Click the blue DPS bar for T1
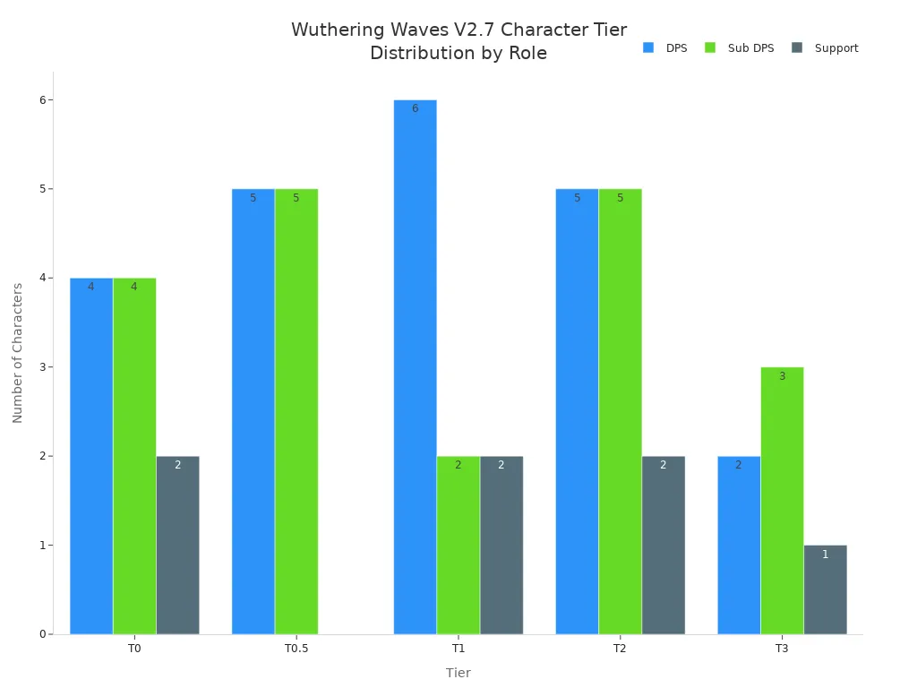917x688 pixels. point(415,366)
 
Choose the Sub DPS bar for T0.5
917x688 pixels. point(296,411)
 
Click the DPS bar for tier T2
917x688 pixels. point(577,411)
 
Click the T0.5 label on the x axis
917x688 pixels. point(296,649)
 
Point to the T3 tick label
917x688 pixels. point(782,649)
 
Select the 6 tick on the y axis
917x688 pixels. point(41,99)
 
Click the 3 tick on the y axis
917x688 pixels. point(41,367)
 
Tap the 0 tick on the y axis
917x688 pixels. point(41,634)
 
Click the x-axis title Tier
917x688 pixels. point(458,673)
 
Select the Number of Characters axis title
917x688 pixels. point(18,352)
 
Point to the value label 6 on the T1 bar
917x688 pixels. point(415,108)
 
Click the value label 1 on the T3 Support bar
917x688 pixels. point(825,555)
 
